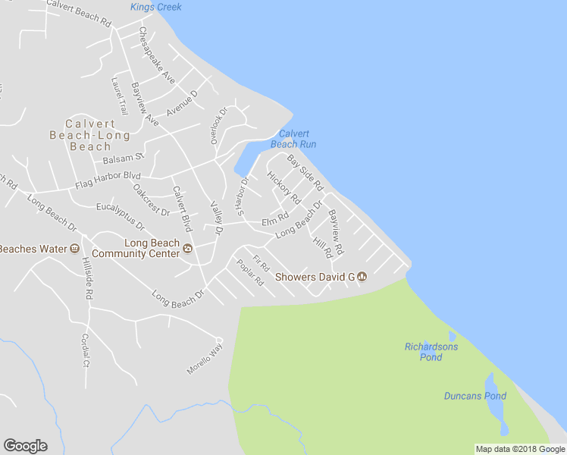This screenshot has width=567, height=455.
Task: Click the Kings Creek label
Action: click(x=155, y=7)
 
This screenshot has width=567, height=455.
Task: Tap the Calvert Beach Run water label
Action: click(x=293, y=139)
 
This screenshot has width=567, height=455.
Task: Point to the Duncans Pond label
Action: click(x=475, y=396)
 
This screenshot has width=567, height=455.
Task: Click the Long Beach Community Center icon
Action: click(x=188, y=248)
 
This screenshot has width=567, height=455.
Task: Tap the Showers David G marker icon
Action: click(x=362, y=277)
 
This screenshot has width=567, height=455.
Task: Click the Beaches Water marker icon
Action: click(x=74, y=249)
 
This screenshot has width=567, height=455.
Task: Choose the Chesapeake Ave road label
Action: click(x=157, y=56)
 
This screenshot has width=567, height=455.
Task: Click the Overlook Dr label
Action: click(x=219, y=125)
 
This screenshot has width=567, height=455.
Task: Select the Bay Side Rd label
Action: click(x=305, y=173)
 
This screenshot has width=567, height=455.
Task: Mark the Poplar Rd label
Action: click(x=249, y=273)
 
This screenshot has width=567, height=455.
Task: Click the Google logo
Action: click(x=25, y=446)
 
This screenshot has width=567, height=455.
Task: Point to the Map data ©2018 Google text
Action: click(x=521, y=449)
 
